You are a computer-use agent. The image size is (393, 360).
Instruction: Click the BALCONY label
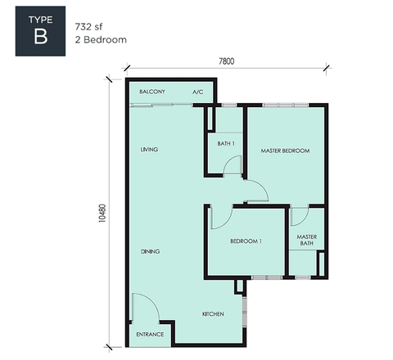152,92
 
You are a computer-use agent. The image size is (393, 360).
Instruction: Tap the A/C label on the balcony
198,92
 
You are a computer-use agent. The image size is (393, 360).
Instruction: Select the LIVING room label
149,150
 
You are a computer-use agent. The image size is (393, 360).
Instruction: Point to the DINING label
150,251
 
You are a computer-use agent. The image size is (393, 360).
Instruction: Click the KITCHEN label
213,314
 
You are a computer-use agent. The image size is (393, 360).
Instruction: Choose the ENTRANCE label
150,335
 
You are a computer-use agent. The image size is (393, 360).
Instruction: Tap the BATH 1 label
226,143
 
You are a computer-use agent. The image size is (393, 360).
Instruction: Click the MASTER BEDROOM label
285,151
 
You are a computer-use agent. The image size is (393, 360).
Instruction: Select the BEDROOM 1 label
246,241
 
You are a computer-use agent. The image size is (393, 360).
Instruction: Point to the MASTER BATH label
307,240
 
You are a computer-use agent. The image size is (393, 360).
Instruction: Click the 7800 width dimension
227,61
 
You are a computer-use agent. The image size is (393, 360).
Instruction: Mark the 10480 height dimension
102,214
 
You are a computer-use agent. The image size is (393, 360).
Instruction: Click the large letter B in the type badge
41,37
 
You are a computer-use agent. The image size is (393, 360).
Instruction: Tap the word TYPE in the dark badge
40,20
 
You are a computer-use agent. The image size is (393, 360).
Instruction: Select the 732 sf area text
88,27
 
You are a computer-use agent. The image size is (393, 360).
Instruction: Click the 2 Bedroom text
101,40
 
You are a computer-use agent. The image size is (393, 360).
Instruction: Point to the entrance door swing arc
154,301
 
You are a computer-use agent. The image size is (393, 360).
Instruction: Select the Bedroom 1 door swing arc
227,222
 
